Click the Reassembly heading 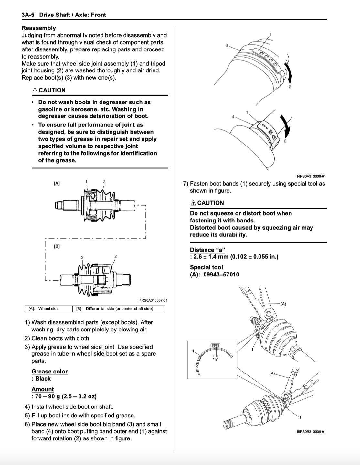(x=39, y=28)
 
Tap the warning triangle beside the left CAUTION (x=35, y=90)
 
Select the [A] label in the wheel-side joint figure (x=57, y=183)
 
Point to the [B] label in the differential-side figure (x=57, y=246)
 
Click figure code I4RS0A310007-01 (x=153, y=300)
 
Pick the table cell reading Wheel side (x=48, y=309)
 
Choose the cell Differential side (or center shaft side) (x=119, y=309)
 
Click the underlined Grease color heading (x=49, y=372)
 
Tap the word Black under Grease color (x=43, y=379)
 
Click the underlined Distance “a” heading (x=207, y=250)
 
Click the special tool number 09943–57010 (x=221, y=275)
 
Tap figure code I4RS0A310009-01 (x=311, y=176)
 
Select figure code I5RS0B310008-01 (x=311, y=432)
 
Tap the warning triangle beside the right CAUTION (x=193, y=203)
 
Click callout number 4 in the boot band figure (x=233, y=117)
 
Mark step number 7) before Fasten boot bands (x=186, y=184)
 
